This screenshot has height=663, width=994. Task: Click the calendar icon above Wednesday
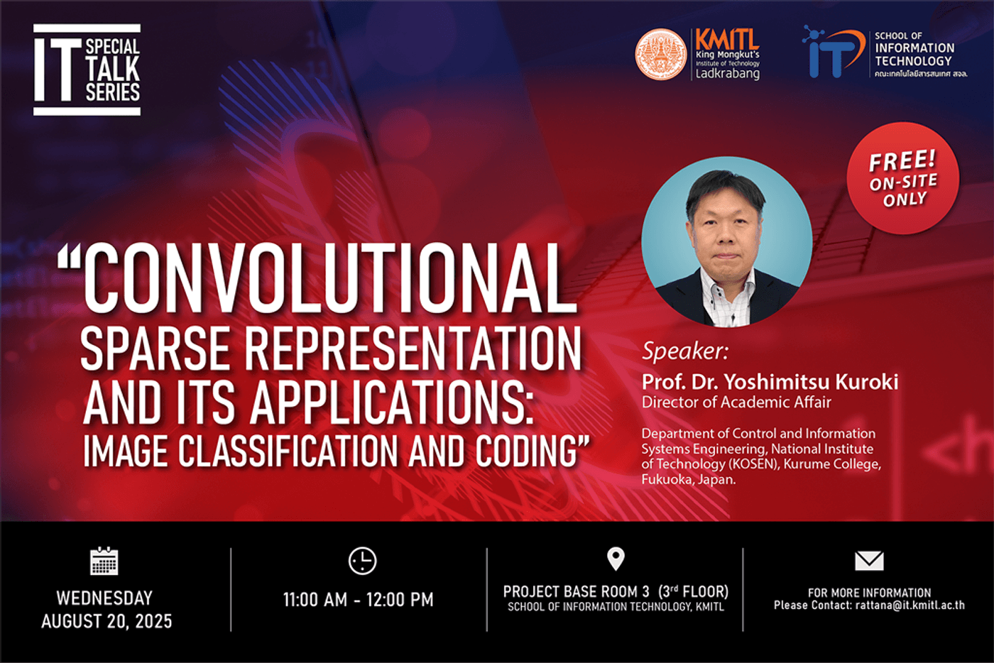click(104, 561)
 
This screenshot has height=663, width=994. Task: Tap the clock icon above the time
click(362, 561)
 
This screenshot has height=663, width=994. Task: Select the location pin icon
click(616, 559)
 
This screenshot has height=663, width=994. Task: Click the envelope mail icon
click(869, 561)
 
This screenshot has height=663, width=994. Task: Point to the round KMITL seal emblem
click(660, 55)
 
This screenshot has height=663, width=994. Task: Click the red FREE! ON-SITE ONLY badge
click(903, 178)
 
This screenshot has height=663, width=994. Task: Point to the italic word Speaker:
click(685, 351)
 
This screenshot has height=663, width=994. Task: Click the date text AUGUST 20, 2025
click(106, 621)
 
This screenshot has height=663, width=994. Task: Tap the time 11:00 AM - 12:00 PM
click(359, 600)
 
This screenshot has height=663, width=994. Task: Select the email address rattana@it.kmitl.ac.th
click(910, 606)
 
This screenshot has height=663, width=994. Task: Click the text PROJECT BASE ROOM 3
click(577, 591)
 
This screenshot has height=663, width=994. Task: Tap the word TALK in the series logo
click(113, 70)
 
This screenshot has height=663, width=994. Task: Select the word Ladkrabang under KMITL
click(727, 74)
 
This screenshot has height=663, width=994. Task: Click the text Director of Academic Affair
click(736, 402)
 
